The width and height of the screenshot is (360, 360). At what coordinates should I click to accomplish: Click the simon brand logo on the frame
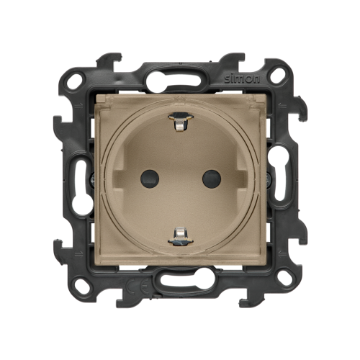[242, 79]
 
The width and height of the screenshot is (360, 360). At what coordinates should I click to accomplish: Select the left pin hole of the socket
[150, 179]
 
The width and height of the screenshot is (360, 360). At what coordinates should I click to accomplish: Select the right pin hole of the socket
[212, 179]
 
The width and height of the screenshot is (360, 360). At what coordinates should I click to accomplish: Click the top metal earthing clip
[181, 122]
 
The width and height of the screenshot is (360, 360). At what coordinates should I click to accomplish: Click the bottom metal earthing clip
[181, 236]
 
